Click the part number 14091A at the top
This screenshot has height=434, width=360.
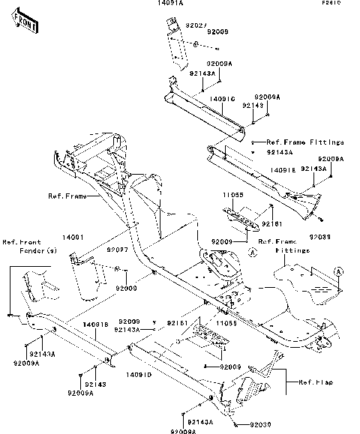click(x=170, y=4)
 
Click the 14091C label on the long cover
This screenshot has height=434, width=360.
click(x=222, y=98)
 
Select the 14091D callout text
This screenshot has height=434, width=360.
click(x=139, y=374)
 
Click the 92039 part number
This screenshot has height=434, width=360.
click(x=319, y=236)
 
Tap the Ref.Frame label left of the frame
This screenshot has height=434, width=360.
click(x=66, y=196)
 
